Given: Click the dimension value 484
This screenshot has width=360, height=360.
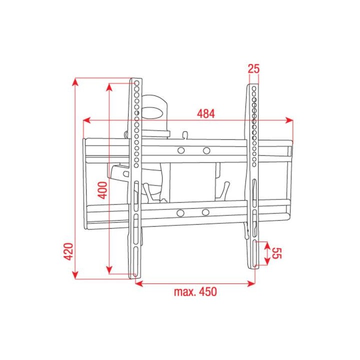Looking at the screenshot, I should coord(205,113).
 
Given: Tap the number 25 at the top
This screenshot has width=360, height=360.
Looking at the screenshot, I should coord(253,69).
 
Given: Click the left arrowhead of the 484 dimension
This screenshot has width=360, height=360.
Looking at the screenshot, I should coord(86,120).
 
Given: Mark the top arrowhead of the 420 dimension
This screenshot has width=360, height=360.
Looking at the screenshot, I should coord(75,81).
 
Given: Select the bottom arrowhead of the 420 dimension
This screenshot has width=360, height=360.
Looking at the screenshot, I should coord(75,275).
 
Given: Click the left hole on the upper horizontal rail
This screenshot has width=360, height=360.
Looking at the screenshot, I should coord(181,150).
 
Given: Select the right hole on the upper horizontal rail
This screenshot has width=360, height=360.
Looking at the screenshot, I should coord(206,150).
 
